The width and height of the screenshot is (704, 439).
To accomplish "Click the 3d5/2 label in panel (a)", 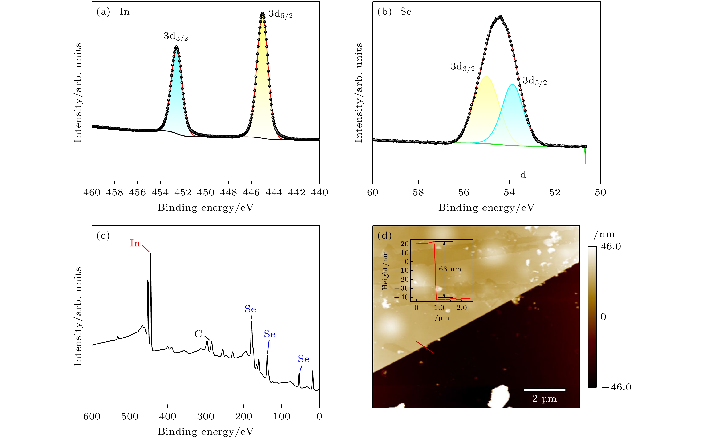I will coord(280,14).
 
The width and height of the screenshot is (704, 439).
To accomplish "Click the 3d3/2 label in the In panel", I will coord(176,36).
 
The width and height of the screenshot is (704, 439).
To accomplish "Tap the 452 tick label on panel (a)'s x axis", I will coord(183,192).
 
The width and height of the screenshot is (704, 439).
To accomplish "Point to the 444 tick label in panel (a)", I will coord(274,192).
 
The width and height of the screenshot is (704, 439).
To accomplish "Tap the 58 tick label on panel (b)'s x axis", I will coord(418,192).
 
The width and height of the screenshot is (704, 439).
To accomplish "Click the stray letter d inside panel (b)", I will coord(523,175).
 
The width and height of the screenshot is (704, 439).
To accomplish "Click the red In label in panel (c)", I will coord(135,243).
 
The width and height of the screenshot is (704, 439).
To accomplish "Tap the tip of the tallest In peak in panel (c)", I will coord(151,253).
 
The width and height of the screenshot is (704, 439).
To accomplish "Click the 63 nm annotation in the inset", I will coord(450,269).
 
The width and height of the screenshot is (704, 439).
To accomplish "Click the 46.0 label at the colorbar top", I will coord(611,247).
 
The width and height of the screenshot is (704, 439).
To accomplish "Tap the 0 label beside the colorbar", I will coord(603,317).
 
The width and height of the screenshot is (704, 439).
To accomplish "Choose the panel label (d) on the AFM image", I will coord(384,235).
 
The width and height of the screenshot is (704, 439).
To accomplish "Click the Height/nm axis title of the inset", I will coord(385,271).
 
